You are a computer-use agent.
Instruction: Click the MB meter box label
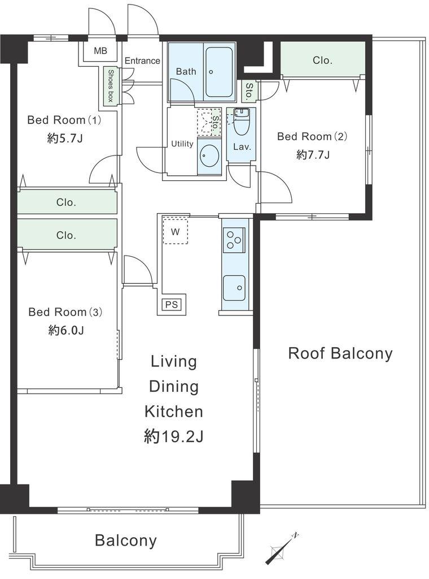click(x=100, y=50)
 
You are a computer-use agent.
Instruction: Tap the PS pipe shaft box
click(x=172, y=304)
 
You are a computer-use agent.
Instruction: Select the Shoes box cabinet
click(x=110, y=86)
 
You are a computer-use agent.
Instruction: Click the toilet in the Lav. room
click(x=242, y=122)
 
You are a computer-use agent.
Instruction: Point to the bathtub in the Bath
click(x=219, y=72)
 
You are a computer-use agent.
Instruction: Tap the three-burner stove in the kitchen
click(x=234, y=240)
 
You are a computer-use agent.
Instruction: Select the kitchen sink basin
click(x=234, y=288)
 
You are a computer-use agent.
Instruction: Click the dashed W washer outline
click(x=176, y=231)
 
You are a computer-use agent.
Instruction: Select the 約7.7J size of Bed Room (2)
click(x=313, y=154)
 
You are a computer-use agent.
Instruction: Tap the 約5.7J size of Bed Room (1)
click(x=65, y=138)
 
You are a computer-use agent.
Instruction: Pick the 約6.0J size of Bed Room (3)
click(x=66, y=330)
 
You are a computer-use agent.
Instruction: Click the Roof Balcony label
click(x=340, y=353)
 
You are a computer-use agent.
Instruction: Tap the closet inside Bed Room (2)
click(x=323, y=60)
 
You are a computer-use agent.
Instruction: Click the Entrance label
click(x=142, y=61)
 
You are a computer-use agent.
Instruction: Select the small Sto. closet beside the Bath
click(x=249, y=91)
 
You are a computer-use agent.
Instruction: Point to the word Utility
click(x=182, y=144)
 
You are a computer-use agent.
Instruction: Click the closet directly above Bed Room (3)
click(x=67, y=235)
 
